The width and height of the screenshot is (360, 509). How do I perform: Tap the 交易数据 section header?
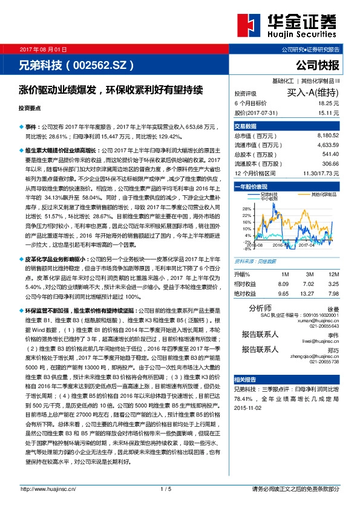(246, 126)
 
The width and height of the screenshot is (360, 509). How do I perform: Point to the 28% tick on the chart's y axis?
(246, 209)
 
